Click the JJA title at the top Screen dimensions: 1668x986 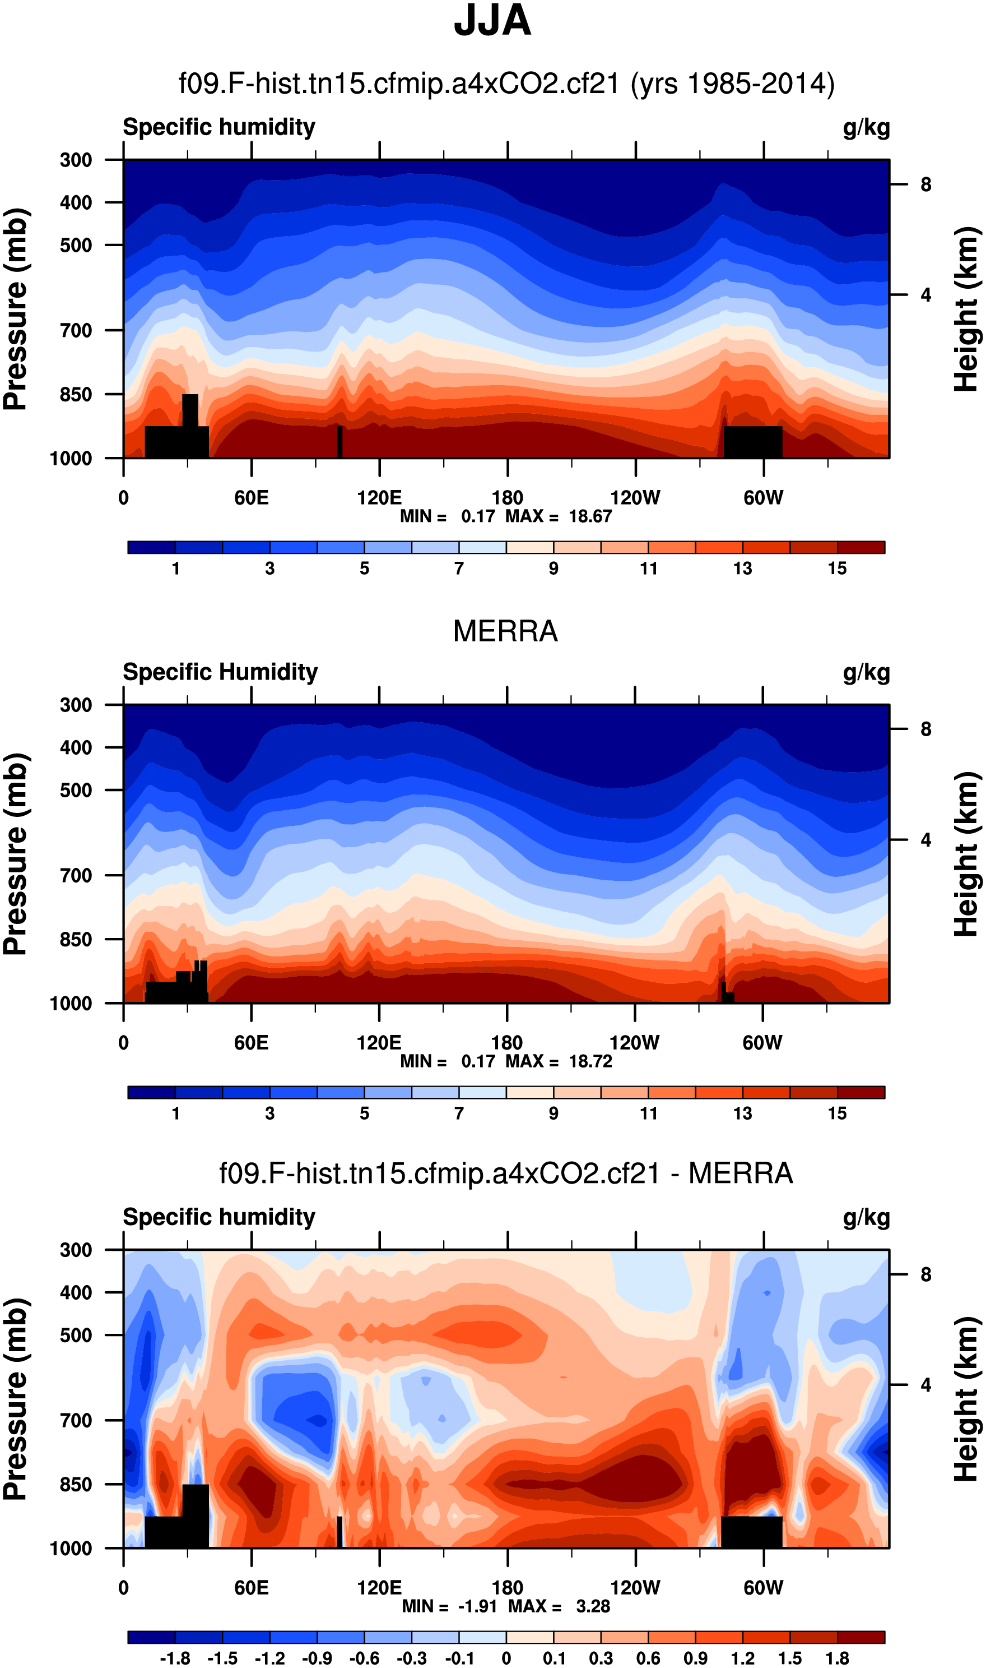pos(492,21)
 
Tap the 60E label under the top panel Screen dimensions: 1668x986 pos(251,497)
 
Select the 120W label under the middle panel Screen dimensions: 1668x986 pos(635,1042)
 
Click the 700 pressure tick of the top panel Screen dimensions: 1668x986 pos(76,330)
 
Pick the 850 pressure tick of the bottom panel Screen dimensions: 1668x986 pos(76,1484)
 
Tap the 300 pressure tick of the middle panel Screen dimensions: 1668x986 pos(76,705)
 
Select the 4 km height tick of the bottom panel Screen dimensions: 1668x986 pos(925,1385)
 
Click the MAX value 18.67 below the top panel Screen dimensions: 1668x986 pos(590,516)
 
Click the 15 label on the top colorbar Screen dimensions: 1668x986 pos(837,569)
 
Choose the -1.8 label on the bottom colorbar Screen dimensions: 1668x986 pos(175,1658)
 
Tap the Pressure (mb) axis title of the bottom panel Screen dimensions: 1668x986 pos(15,1399)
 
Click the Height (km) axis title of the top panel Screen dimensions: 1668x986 pos(968,308)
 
